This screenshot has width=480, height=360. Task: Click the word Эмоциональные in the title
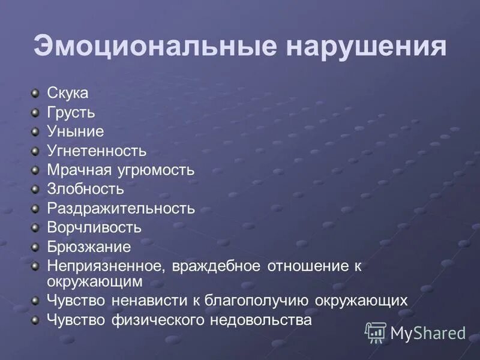coord(155,47)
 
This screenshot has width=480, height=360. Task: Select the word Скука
coord(68,93)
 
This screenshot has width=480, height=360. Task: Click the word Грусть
coord(71,112)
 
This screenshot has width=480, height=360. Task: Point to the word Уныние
coord(75,131)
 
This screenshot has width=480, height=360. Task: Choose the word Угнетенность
coord(97,151)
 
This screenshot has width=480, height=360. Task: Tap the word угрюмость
coord(156,170)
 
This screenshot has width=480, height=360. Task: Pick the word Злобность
coord(85,189)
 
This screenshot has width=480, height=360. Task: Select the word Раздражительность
coord(121,208)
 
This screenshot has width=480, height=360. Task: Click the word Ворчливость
coord(94,227)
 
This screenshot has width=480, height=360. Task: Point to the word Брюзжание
coord(89,247)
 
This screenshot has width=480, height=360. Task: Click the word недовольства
coord(260,320)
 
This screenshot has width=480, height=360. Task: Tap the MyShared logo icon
coord(376,332)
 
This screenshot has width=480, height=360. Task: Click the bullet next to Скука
coord(35,93)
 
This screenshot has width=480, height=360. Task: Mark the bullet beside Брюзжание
coord(35,246)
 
